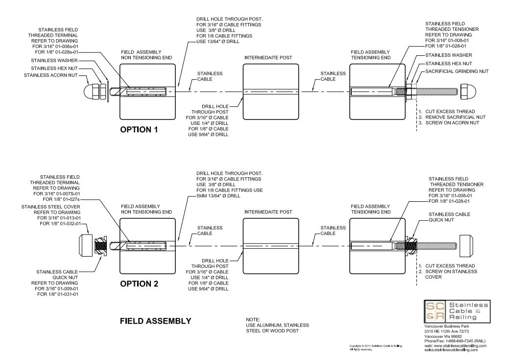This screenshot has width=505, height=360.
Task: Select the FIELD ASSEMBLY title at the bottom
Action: [x=155, y=321]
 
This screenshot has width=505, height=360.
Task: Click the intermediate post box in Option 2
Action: [x=271, y=245]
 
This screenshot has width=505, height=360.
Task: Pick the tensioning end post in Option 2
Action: [x=378, y=245]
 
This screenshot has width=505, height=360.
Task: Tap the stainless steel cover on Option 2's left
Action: [x=87, y=244]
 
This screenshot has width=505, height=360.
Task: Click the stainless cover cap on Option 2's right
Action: [x=466, y=244]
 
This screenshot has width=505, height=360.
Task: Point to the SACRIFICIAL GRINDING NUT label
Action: [x=457, y=71]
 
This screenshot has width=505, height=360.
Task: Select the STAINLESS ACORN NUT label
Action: [x=51, y=75]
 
